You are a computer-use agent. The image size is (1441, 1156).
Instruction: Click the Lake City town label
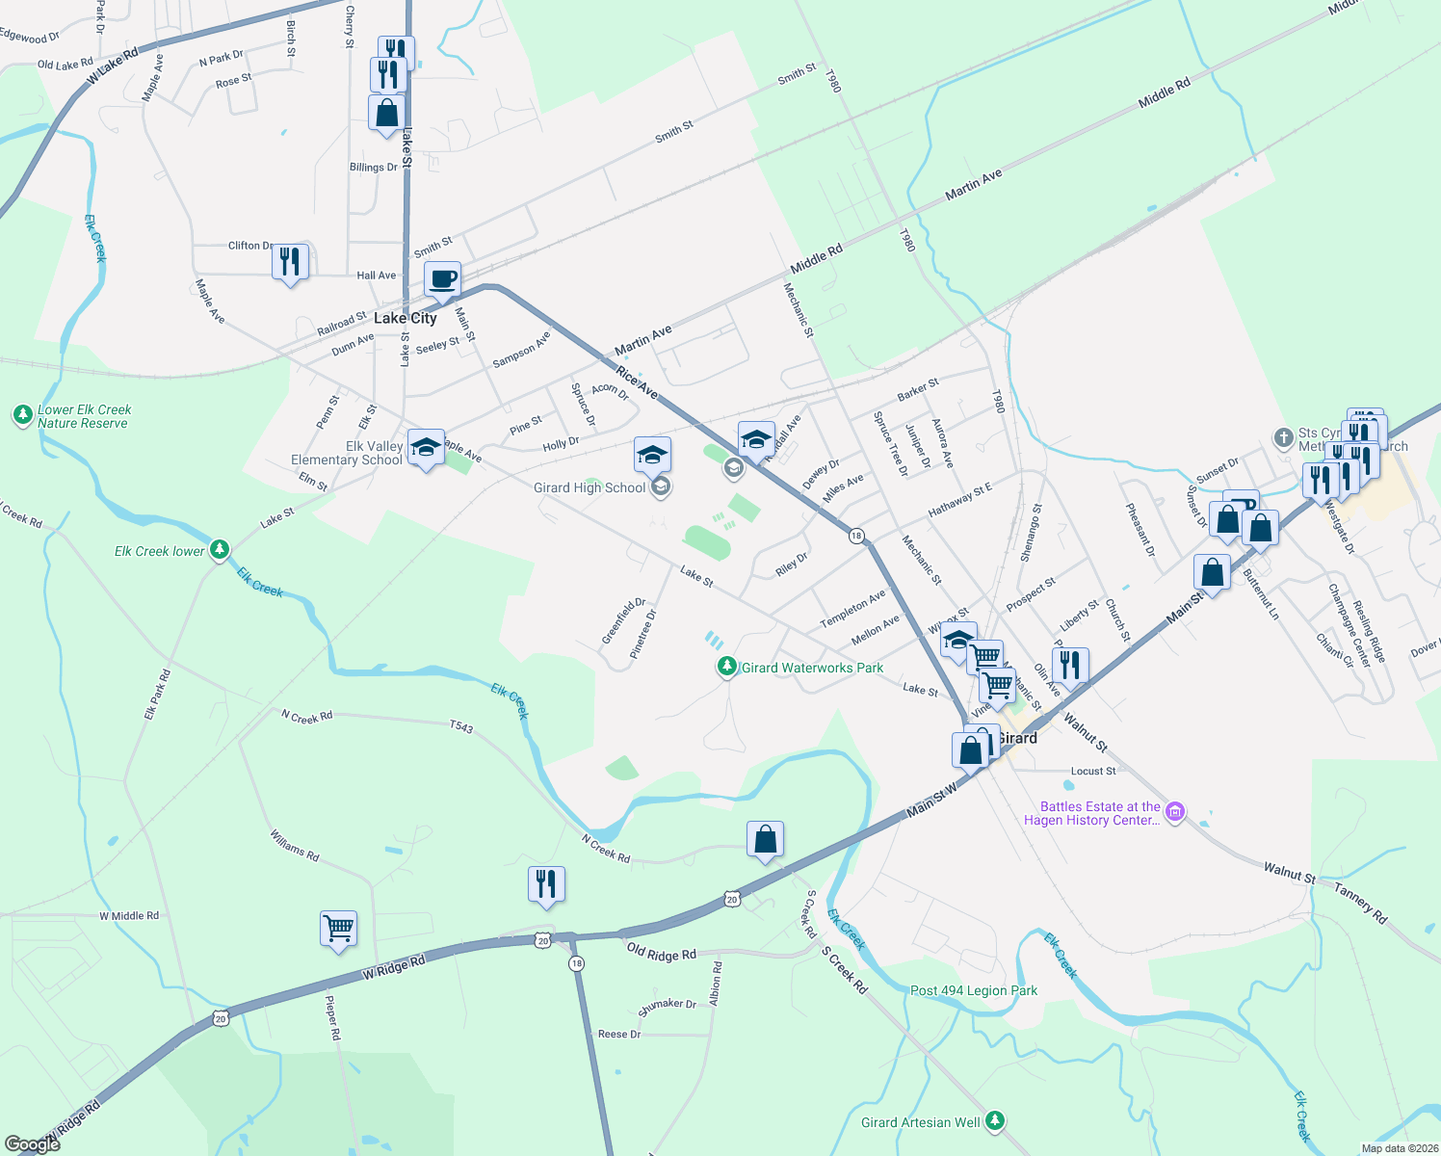pyautogui.click(x=405, y=318)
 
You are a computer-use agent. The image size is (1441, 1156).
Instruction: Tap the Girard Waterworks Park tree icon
pyautogui.click(x=727, y=667)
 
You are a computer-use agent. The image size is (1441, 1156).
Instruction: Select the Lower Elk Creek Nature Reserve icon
pyautogui.click(x=23, y=416)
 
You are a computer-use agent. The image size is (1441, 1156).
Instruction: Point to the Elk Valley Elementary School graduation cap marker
pyautogui.click(x=426, y=448)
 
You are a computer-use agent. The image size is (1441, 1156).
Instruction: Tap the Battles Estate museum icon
pyautogui.click(x=1174, y=812)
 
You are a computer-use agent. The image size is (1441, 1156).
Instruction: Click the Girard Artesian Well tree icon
pyautogui.click(x=995, y=1121)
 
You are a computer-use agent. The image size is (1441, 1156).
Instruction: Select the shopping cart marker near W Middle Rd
pyautogui.click(x=338, y=930)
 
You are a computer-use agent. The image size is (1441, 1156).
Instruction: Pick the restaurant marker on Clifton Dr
pyautogui.click(x=290, y=262)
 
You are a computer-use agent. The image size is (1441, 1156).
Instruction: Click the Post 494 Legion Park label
pyautogui.click(x=974, y=990)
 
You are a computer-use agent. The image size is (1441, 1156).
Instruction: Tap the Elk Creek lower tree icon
pyautogui.click(x=220, y=550)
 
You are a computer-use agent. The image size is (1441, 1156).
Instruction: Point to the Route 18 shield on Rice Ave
pyautogui.click(x=856, y=536)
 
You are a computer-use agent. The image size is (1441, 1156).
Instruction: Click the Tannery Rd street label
pyautogui.click(x=1360, y=903)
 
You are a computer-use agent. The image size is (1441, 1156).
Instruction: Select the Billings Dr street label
pyautogui.click(x=373, y=168)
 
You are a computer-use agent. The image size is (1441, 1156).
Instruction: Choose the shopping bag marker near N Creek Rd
pyautogui.click(x=765, y=840)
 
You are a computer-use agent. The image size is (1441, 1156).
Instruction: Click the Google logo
pyautogui.click(x=33, y=1144)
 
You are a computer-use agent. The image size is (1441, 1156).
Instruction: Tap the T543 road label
pyautogui.click(x=461, y=727)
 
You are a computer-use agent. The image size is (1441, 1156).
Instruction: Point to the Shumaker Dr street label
pyautogui.click(x=667, y=1007)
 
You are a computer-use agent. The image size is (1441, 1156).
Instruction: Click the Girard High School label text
pyautogui.click(x=589, y=488)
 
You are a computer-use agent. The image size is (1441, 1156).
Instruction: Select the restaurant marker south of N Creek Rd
pyautogui.click(x=546, y=884)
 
